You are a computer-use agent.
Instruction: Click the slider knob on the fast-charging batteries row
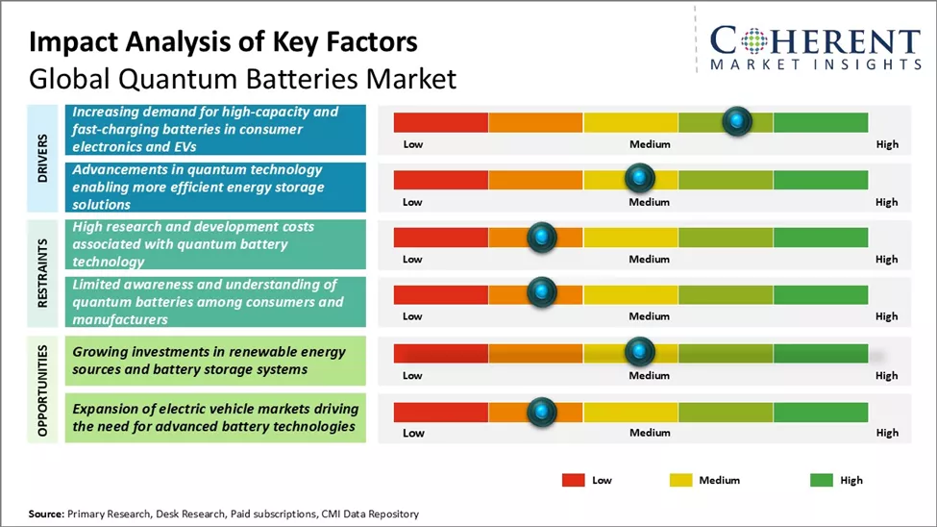click(x=736, y=121)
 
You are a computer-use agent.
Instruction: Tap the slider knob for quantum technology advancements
click(x=639, y=178)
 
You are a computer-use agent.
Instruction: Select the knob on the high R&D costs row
click(x=542, y=237)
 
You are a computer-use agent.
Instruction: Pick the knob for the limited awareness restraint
click(x=542, y=292)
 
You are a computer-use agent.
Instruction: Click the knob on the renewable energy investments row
click(x=639, y=352)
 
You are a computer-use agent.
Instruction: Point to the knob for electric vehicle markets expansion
click(x=542, y=412)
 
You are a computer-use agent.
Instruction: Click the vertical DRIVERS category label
click(x=43, y=158)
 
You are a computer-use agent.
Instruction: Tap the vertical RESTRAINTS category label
click(x=43, y=271)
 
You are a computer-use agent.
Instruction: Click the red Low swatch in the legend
click(x=573, y=480)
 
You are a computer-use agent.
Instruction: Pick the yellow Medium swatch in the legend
click(x=680, y=480)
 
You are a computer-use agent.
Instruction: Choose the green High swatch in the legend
click(x=821, y=480)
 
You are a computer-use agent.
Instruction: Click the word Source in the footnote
click(x=45, y=514)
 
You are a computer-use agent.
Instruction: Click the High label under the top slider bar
click(x=887, y=144)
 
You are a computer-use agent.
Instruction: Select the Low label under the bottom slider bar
click(x=412, y=433)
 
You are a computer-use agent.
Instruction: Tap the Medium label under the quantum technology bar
click(x=650, y=202)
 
